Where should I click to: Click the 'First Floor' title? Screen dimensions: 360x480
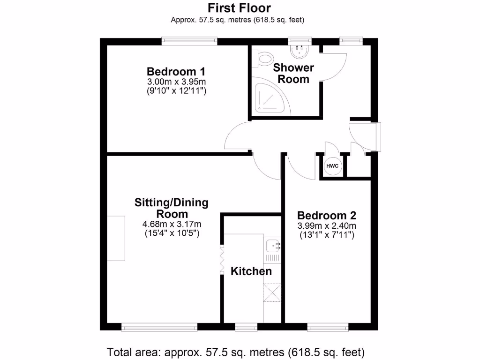click(x=240, y=8)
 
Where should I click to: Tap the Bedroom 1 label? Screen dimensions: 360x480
click(x=176, y=72)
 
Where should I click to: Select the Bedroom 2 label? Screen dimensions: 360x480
click(x=327, y=216)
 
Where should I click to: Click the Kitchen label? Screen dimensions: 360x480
click(x=251, y=271)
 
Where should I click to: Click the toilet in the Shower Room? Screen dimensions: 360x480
click(x=264, y=59)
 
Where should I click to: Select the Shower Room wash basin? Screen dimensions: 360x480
click(x=298, y=49)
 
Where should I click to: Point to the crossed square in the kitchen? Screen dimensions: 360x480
click(x=273, y=293)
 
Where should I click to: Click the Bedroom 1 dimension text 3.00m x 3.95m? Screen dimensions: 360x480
click(x=176, y=82)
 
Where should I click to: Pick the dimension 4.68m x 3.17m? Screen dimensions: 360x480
click(x=172, y=224)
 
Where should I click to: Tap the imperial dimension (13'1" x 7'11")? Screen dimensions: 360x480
click(x=327, y=234)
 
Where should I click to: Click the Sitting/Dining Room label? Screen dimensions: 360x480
click(x=172, y=208)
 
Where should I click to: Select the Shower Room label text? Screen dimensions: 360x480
click(x=293, y=73)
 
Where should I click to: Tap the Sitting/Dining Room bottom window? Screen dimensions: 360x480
click(x=159, y=326)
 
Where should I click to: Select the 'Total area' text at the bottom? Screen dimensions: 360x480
click(x=236, y=352)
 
